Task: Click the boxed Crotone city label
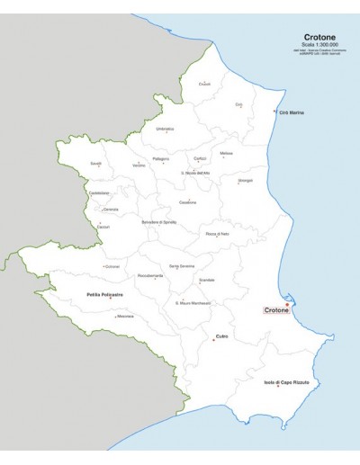(275, 310)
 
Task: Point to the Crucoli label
(204, 85)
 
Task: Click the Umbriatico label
(165, 129)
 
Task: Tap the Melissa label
(226, 153)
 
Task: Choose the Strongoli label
(245, 181)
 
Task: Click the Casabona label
(187, 201)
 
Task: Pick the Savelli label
(96, 163)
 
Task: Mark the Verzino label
(139, 165)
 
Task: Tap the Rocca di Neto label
(218, 234)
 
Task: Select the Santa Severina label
(182, 266)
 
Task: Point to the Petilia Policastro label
(105, 294)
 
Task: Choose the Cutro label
(222, 336)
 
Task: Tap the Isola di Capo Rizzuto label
(286, 383)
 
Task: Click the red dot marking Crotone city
(287, 304)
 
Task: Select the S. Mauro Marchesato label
(193, 303)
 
